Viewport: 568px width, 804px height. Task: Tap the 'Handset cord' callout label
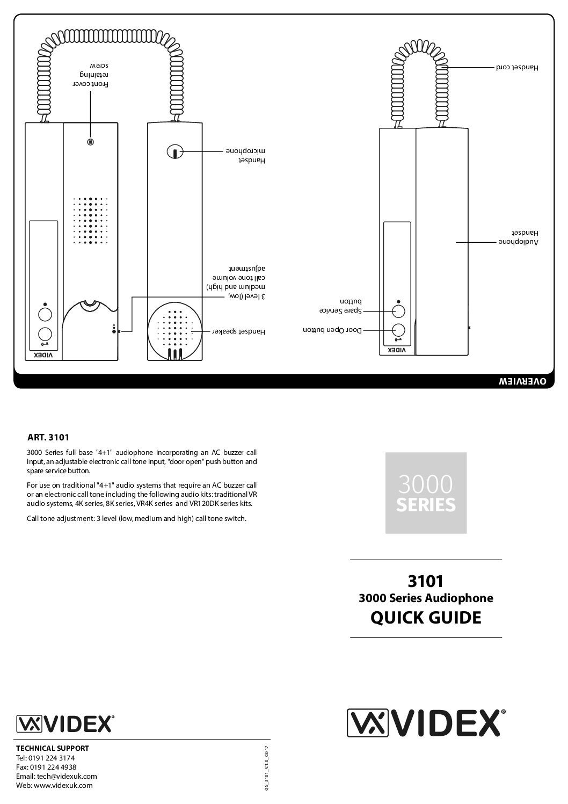tap(516, 68)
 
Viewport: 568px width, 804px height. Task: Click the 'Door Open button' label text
tap(333, 330)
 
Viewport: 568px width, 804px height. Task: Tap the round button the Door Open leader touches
tap(398, 330)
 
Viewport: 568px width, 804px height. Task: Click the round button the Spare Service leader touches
tap(398, 312)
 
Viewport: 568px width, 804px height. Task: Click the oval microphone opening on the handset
tap(174, 152)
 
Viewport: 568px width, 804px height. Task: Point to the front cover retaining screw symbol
tap(91, 142)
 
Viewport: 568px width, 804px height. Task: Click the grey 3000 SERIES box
tap(426, 492)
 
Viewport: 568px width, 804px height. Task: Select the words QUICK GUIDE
tap(426, 618)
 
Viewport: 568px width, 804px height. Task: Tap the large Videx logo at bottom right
tap(426, 723)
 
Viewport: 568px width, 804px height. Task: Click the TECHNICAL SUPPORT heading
tap(53, 748)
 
